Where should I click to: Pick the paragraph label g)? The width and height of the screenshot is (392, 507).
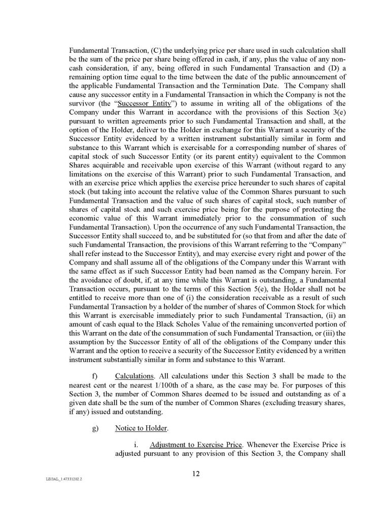point(95,428)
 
